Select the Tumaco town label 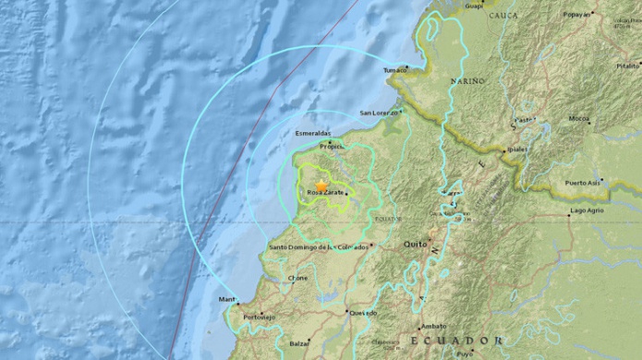(394, 67)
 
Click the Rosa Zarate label (324, 192)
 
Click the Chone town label (298, 277)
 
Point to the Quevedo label (362, 313)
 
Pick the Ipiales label (515, 149)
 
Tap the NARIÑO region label (466, 81)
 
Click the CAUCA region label (503, 16)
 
